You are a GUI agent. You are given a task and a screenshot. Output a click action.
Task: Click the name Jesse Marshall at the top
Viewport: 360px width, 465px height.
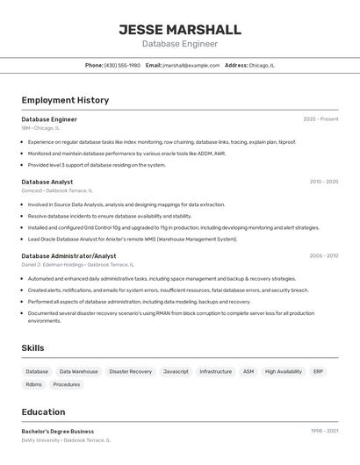pos(179,30)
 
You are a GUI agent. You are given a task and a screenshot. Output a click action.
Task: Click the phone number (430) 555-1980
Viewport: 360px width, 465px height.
pos(122,65)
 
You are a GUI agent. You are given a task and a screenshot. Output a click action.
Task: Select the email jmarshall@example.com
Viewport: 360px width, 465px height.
pos(191,65)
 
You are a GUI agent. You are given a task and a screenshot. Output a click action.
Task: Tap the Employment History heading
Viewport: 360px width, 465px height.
pos(65,100)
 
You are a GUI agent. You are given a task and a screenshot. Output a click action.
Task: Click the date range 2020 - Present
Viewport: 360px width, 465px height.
pos(320,118)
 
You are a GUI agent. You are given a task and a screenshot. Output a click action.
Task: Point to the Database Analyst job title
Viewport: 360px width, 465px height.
pos(47,182)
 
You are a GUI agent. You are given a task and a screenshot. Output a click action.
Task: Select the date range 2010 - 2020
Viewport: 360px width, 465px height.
pos(323,182)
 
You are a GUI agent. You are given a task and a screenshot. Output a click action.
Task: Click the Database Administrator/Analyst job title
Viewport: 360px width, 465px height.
pos(68,256)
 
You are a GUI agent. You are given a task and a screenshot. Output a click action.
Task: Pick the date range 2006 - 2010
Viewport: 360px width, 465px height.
pos(323,256)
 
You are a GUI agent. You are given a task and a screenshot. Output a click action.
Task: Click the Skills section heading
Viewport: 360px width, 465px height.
pos(32,348)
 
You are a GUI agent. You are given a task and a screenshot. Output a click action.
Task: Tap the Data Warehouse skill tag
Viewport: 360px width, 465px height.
pos(79,371)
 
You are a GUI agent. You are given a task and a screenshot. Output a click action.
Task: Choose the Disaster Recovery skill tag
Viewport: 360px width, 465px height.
pos(130,371)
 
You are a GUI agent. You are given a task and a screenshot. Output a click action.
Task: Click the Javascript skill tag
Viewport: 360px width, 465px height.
pos(176,371)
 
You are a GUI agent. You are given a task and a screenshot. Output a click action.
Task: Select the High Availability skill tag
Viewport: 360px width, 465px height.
pos(283,371)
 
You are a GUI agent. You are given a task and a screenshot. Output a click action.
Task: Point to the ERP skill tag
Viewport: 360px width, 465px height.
pos(318,371)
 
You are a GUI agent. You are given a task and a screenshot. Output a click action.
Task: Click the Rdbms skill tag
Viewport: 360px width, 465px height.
pos(33,384)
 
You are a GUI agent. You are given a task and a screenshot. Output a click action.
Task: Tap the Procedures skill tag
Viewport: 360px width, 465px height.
pos(66,384)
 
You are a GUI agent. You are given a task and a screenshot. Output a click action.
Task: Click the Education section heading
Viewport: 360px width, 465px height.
pos(43,412)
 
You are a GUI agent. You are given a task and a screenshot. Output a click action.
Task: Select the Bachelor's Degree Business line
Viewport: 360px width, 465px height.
pos(58,432)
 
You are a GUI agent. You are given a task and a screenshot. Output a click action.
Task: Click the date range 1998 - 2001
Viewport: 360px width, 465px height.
pos(324,432)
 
